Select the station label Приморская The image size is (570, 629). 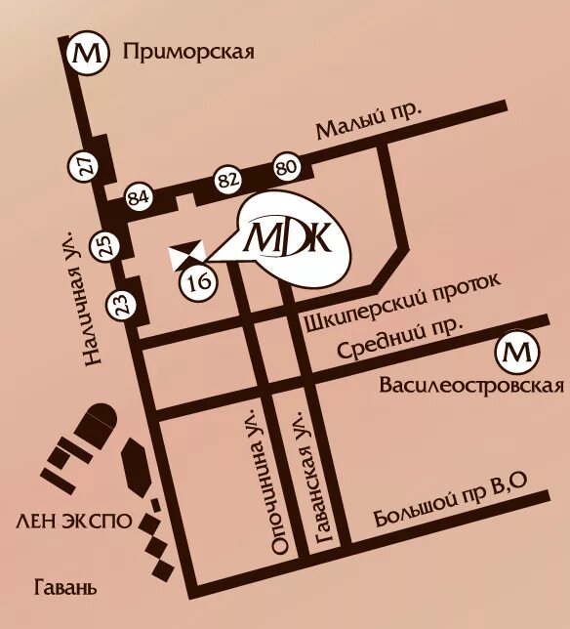[189, 53]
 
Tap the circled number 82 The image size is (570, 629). [227, 181]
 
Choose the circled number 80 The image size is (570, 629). [286, 167]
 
